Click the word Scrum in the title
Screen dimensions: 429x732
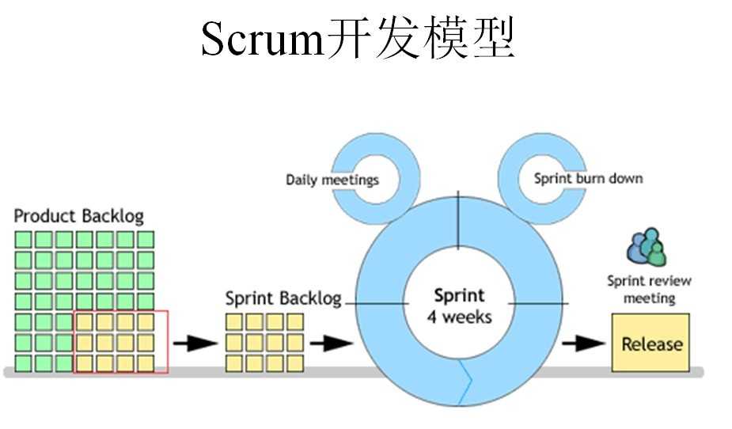point(262,39)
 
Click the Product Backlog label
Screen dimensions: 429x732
point(79,215)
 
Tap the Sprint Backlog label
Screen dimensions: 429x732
point(283,298)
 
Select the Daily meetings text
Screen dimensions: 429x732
point(332,180)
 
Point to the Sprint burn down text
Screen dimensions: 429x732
point(588,178)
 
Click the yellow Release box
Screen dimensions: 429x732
point(650,344)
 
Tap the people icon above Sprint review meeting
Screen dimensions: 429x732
point(647,248)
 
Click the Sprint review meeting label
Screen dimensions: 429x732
point(649,290)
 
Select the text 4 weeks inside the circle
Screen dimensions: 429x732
point(460,317)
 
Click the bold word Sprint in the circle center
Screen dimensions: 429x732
point(459,296)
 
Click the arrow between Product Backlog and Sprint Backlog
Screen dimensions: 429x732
point(195,344)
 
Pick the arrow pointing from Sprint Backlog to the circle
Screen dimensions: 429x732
point(331,344)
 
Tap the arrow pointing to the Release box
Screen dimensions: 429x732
point(584,344)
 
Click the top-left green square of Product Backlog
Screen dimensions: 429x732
point(23,239)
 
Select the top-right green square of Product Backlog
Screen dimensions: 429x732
point(146,239)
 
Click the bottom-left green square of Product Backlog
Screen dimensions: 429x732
point(23,363)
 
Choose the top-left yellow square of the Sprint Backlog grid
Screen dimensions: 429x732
point(233,322)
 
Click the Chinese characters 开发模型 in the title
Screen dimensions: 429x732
point(420,39)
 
